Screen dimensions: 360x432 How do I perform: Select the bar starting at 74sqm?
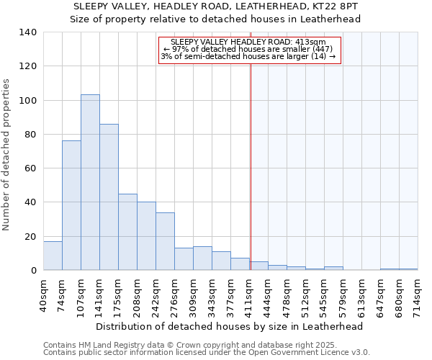point(71,205)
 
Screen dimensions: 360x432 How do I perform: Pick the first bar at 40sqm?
point(53,256)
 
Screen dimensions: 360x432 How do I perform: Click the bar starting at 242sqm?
point(165,241)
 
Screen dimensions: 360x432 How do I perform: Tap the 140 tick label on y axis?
point(27,32)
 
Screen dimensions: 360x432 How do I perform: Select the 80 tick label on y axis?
point(30,135)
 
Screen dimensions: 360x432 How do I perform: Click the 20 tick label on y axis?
point(30,237)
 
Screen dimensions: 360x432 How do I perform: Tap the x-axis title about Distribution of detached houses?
point(229,326)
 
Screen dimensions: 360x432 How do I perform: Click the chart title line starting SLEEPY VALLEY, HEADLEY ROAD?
point(215,6)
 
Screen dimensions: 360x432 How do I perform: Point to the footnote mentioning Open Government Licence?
point(207,353)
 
